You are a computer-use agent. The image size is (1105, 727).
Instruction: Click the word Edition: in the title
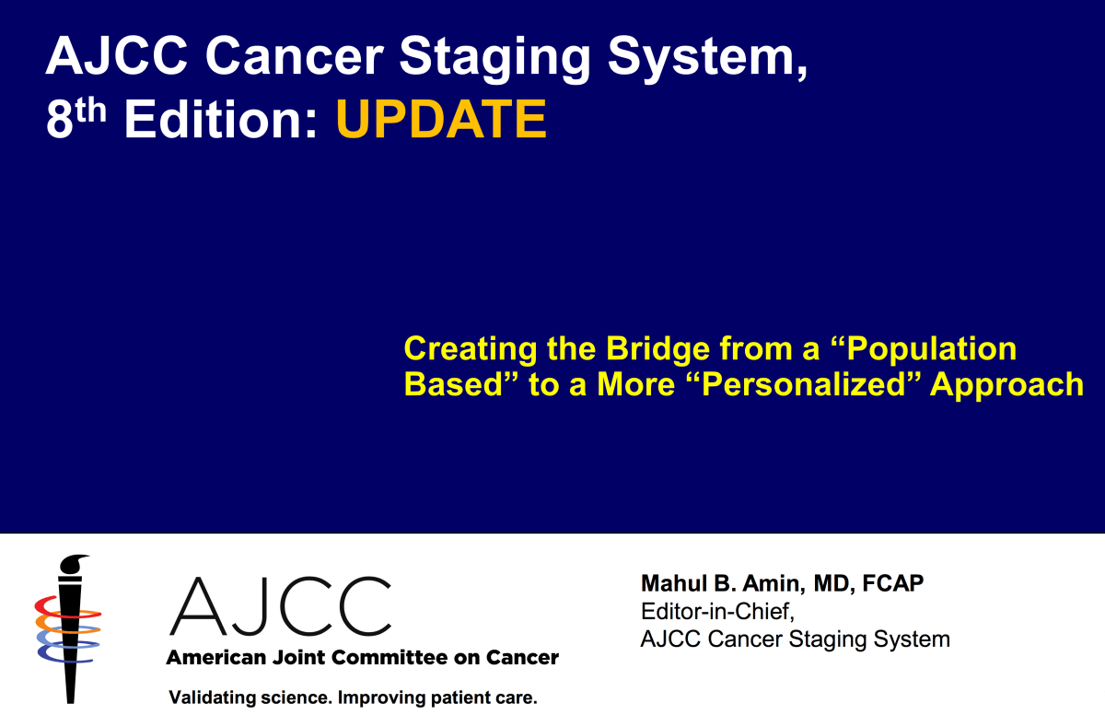click(223, 120)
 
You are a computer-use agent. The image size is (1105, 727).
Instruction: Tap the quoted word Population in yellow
click(931, 349)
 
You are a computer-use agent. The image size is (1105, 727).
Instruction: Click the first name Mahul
click(670, 584)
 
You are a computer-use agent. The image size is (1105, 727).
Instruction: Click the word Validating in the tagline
click(208, 698)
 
